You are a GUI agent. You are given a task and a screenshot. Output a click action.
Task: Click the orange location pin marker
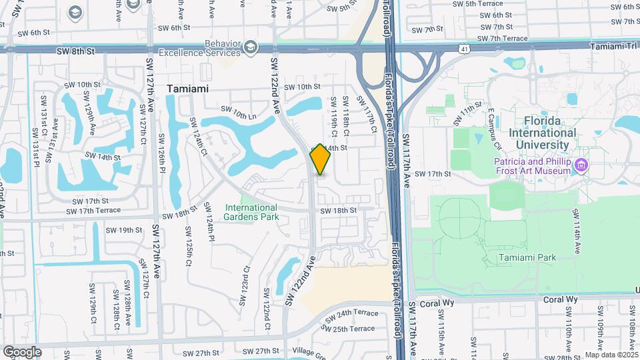[x=321, y=159]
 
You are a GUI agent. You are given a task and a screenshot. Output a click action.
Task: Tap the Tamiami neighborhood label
[x=187, y=89]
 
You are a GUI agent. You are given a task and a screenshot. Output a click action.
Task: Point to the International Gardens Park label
[x=251, y=211]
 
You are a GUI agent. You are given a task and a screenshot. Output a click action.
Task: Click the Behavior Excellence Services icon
[x=250, y=46]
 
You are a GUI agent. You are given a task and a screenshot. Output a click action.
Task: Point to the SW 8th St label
[x=76, y=51]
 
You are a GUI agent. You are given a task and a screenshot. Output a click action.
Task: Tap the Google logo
[x=21, y=351]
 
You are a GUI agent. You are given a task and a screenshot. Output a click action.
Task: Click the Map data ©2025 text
[x=611, y=355]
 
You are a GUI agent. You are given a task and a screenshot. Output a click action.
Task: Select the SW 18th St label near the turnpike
[x=339, y=211]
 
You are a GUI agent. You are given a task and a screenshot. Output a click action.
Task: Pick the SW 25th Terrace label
[x=351, y=328]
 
